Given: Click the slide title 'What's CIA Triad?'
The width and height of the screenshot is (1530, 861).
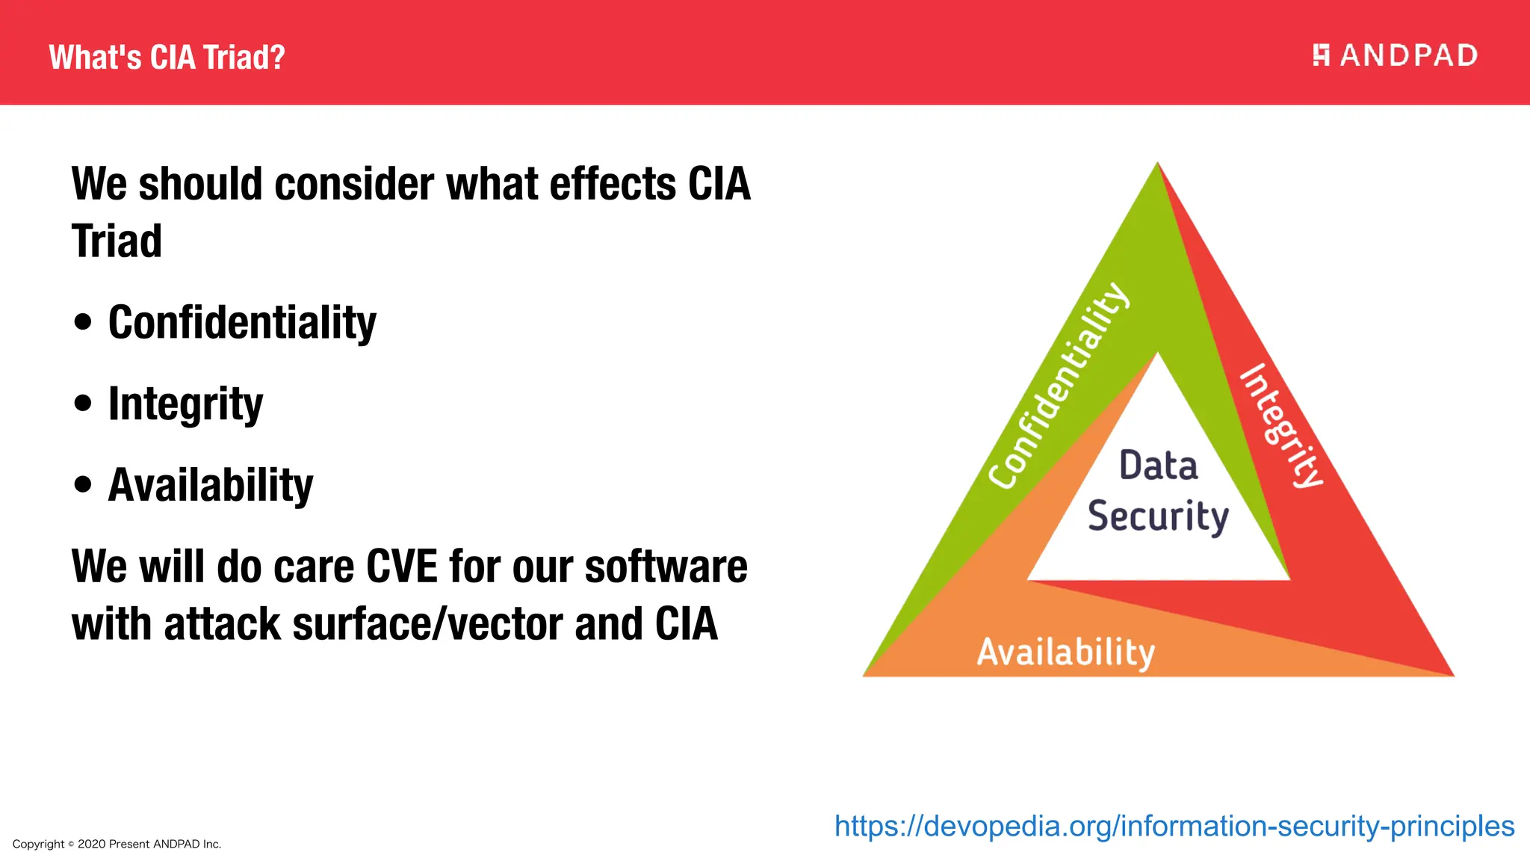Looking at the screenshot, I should point(167,58).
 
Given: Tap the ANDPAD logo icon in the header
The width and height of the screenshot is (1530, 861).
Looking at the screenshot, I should point(1321,55).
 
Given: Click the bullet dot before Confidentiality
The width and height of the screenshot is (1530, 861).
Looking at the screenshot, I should point(83,323).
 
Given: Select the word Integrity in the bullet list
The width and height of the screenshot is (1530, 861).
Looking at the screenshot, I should point(185,404).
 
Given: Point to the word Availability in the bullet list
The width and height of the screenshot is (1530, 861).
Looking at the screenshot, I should point(211,486).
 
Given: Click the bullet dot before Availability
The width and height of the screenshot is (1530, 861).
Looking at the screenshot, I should point(83,485).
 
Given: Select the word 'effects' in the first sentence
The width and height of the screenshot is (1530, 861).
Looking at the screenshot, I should point(612,185).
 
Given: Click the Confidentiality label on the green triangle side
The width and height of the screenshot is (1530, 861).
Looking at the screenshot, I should point(1059,386).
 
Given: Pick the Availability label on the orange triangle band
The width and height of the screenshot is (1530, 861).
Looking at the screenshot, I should point(1066,652).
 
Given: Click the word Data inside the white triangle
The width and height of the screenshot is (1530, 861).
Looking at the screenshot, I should point(1158,466).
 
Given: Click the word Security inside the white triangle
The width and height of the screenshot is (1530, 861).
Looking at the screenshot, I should point(1158,516).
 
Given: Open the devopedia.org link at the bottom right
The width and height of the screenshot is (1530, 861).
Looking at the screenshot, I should point(1174,827).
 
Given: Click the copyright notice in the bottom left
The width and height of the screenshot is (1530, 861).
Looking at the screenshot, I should point(117,844).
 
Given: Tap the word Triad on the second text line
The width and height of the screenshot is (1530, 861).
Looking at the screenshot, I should point(117,241).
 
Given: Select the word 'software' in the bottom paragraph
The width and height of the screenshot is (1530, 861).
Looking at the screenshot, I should point(666,567).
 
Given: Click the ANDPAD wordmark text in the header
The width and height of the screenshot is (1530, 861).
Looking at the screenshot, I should point(1408,56).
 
